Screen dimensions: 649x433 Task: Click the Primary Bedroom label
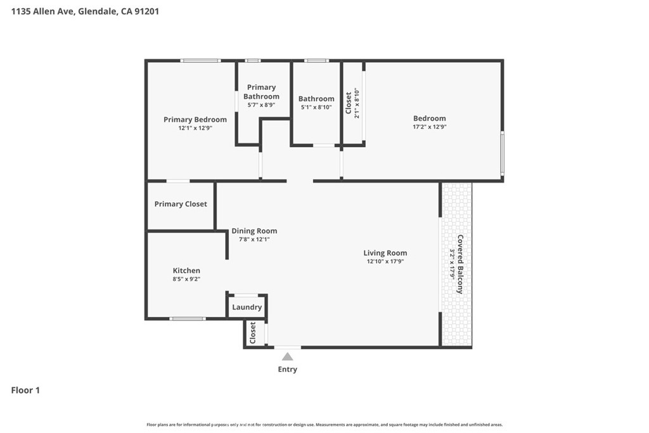coord(195,120)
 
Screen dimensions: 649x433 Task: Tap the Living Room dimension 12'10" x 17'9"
coord(385,261)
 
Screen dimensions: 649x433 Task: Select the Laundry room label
coord(247,307)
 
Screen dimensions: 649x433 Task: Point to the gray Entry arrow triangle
coord(287,356)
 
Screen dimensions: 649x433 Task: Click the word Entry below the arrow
coord(287,369)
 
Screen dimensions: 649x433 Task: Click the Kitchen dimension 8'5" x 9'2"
coord(186,279)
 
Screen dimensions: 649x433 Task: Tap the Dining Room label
coord(254,231)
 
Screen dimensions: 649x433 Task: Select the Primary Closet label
coord(181,204)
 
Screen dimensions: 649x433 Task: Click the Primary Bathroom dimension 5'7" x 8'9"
coord(261,105)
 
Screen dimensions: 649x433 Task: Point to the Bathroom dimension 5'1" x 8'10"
coord(316,107)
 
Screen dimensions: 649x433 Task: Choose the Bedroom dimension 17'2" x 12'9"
coord(430,127)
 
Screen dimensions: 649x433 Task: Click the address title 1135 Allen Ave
coord(42,11)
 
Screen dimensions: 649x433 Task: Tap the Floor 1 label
coord(25,391)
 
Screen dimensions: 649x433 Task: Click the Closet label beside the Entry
coord(252,333)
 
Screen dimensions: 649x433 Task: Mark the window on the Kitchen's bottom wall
coord(188,319)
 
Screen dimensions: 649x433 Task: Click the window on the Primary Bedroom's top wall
coord(200,61)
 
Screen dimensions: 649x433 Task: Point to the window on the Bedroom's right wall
coord(503,153)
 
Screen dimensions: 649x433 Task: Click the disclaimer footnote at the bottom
coord(324,425)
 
